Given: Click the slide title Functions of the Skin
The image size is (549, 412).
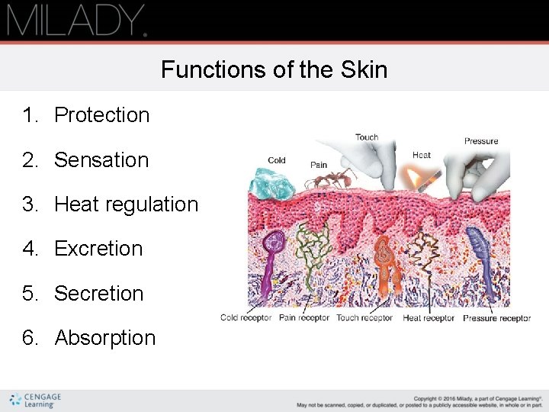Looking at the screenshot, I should coord(274,70).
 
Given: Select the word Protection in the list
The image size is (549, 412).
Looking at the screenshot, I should coord(102,115).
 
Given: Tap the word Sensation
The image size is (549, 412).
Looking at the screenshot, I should coord(101,160).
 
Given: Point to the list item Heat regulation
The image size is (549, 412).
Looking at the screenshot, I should coord(126,204).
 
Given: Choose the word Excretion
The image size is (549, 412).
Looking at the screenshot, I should coord(98,249).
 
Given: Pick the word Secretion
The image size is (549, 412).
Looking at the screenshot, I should coord(99,294).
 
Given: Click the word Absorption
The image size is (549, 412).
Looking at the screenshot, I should coord(105,338).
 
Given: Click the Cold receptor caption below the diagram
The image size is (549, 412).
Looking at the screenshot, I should coord(246,318).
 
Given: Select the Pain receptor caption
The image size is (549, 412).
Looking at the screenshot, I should coord(304,318).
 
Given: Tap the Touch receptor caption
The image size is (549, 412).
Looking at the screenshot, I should coord(364,318).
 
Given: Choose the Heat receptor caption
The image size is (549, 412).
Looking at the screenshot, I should coord(429,318).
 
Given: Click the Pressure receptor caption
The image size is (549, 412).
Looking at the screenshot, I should coord(496,318).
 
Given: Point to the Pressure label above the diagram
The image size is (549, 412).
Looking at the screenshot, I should coord(481,141).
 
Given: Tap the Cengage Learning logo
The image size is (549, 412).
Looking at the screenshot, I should coord(36,400).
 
